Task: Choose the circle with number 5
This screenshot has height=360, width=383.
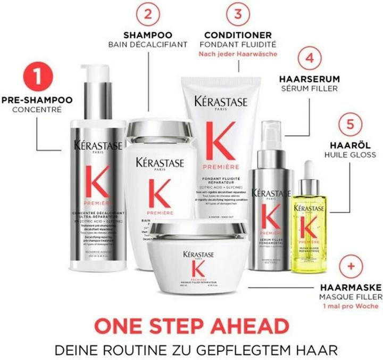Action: click(x=349, y=124)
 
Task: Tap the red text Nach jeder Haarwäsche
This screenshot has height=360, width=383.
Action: click(x=239, y=54)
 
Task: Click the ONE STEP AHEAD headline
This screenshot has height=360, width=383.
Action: click(x=191, y=326)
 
